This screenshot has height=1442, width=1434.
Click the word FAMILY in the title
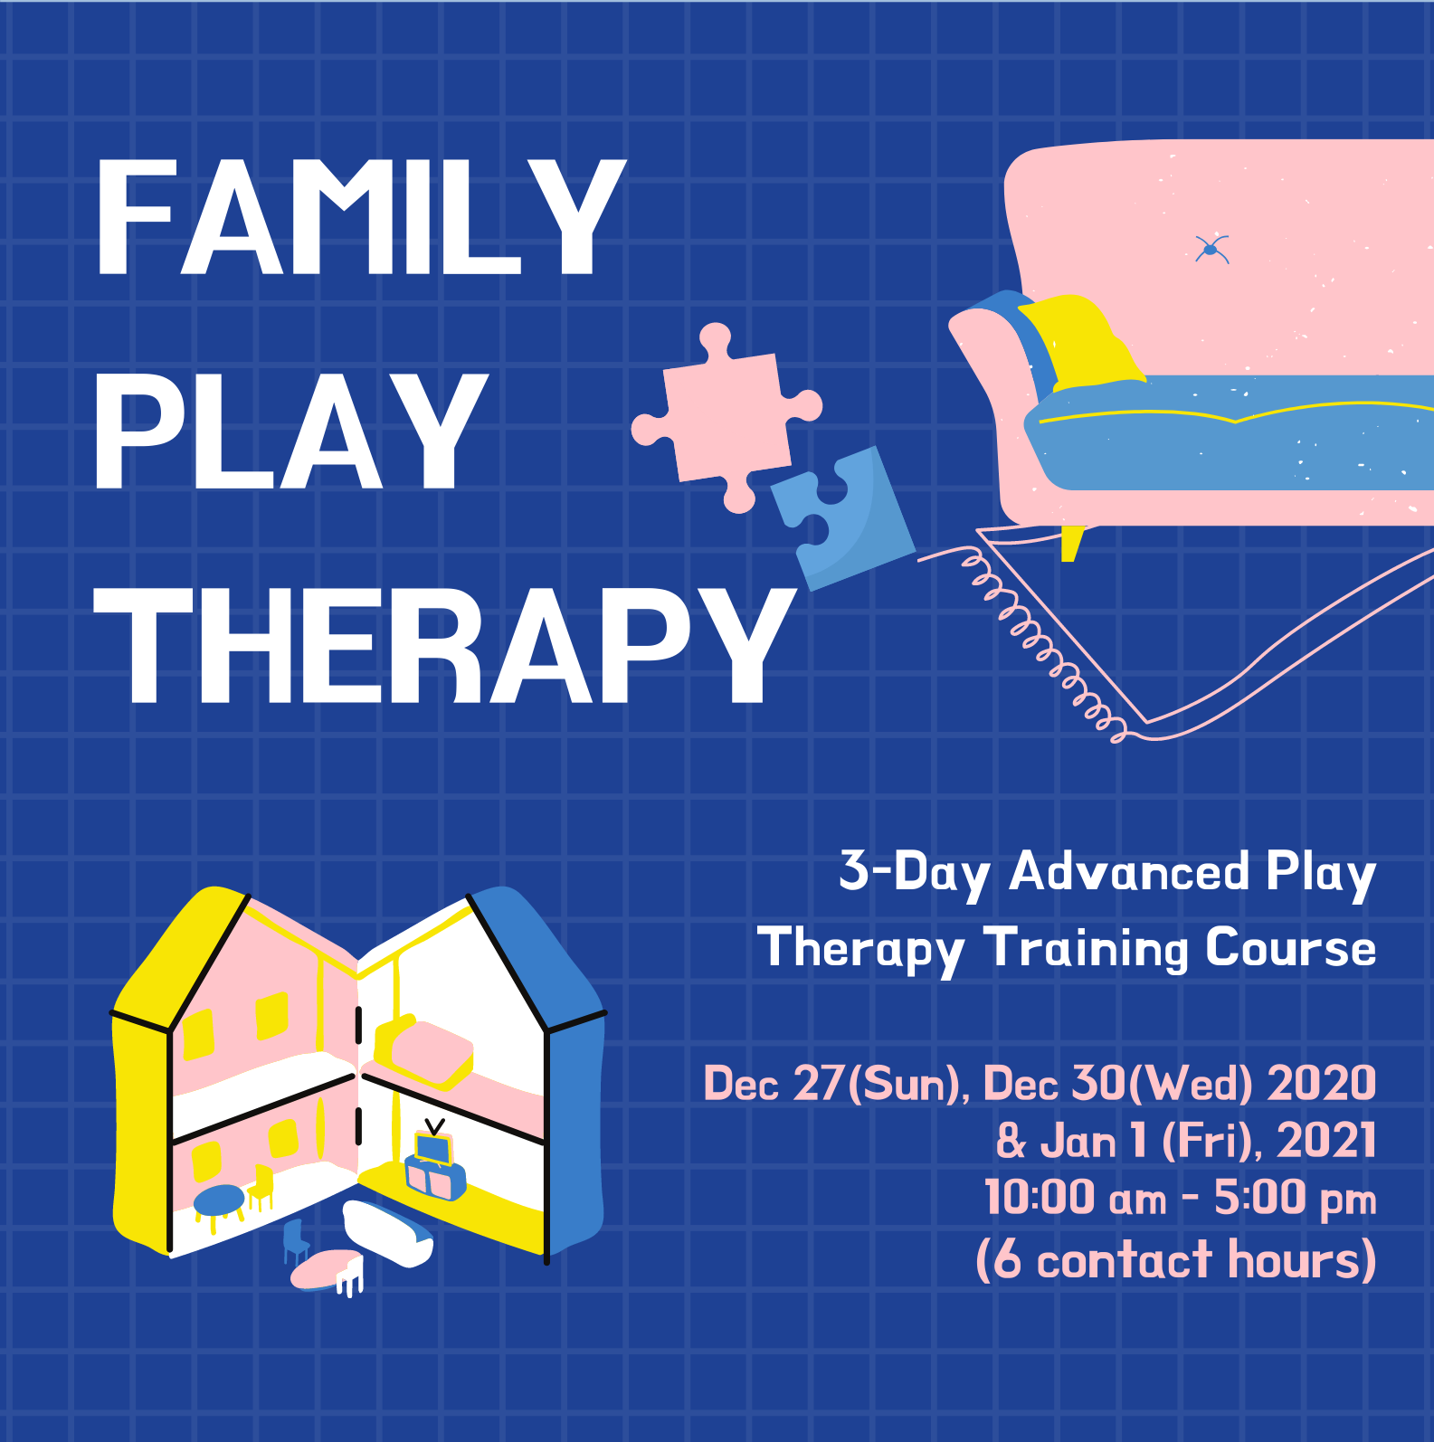(360, 217)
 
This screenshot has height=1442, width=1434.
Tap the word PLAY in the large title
(290, 432)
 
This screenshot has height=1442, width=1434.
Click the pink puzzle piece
(726, 416)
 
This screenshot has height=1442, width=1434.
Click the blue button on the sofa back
(1211, 249)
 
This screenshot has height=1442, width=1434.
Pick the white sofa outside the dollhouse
(388, 1232)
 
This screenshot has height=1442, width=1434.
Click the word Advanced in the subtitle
(1129, 872)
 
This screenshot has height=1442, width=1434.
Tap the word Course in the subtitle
(1290, 948)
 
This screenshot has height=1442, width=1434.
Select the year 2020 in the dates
(1322, 1083)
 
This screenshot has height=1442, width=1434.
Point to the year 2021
(1326, 1140)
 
